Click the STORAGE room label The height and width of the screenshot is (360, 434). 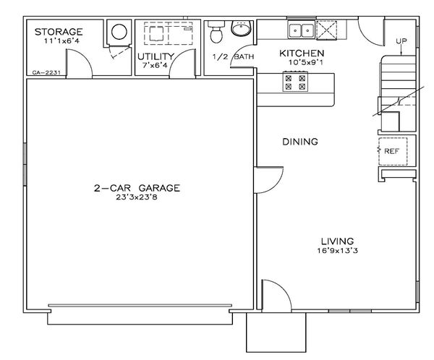(x=59, y=32)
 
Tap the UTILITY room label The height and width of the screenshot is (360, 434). (x=156, y=56)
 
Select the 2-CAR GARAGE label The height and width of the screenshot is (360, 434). (x=136, y=188)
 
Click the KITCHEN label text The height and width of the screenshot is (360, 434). (x=302, y=53)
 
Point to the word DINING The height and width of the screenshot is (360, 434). (x=299, y=142)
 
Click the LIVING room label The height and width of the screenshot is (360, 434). (x=338, y=241)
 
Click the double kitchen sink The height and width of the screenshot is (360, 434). (x=300, y=30)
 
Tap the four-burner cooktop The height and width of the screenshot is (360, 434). (x=294, y=84)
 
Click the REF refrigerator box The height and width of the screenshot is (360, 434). (x=392, y=151)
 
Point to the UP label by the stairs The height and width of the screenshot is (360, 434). (x=402, y=41)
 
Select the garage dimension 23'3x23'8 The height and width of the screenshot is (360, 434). (x=136, y=197)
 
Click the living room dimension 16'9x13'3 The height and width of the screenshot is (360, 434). (x=338, y=251)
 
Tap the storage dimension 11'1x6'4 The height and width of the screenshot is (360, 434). (x=59, y=41)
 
